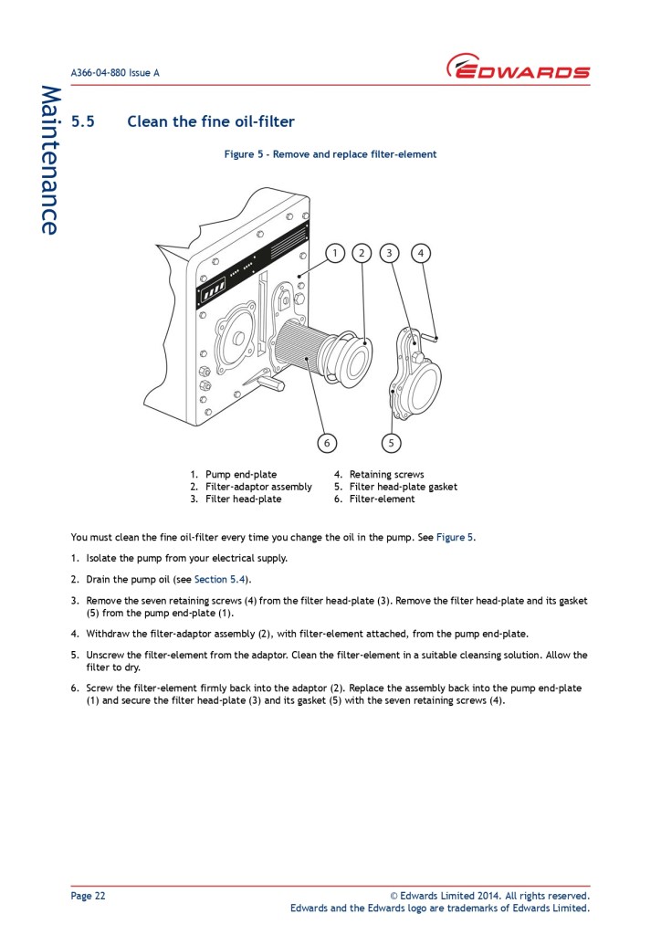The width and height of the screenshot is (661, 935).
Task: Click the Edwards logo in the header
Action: (x=518, y=68)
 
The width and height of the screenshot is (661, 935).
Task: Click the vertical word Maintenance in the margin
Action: (x=49, y=160)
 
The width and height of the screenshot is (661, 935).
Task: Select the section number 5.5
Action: (x=83, y=121)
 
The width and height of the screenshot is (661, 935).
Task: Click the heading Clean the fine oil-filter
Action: (x=210, y=121)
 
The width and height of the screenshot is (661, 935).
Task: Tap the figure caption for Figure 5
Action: (x=330, y=154)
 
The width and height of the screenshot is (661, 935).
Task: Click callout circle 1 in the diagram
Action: (x=335, y=253)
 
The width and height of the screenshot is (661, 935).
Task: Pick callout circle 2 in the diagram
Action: (x=362, y=253)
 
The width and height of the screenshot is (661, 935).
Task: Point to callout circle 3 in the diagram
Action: (x=390, y=253)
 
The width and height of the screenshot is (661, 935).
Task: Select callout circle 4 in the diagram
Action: (x=421, y=253)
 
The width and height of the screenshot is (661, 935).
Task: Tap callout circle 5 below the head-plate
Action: (x=391, y=443)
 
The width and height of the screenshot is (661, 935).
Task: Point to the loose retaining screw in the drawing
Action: (x=437, y=339)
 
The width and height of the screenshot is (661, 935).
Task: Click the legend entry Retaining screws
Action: (x=386, y=475)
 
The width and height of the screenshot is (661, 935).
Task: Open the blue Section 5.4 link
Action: (x=221, y=579)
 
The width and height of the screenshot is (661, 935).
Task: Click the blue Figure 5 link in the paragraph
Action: (x=454, y=537)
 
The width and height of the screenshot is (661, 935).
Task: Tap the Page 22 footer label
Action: (x=88, y=896)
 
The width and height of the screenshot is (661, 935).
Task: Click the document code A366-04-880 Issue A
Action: (x=115, y=73)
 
